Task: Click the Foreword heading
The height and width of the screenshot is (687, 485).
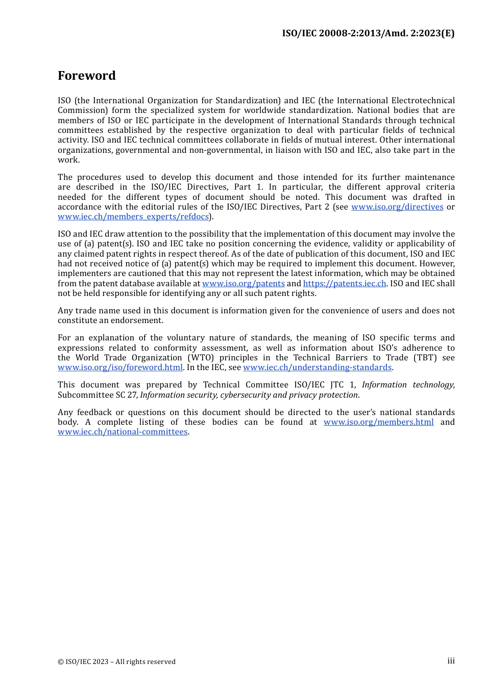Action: pyautogui.click(x=87, y=76)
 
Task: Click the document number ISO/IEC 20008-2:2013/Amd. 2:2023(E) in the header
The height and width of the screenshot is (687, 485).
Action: pyautogui.click(x=368, y=33)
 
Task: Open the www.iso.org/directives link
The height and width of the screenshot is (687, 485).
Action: pyautogui.click(x=397, y=207)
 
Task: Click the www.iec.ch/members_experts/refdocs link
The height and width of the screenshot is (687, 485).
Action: pyautogui.click(x=133, y=217)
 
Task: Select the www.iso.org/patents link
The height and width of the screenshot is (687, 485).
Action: pyautogui.click(x=244, y=284)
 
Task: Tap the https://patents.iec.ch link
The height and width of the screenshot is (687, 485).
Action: pyautogui.click(x=345, y=284)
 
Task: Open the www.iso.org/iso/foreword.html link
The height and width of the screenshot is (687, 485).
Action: pyautogui.click(x=120, y=368)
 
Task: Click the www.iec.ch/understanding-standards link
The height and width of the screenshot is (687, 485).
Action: pyautogui.click(x=317, y=368)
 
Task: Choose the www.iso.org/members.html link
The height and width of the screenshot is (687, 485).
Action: pyautogui.click(x=378, y=422)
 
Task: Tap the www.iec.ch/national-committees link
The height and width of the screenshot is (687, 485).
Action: pyautogui.click(x=123, y=432)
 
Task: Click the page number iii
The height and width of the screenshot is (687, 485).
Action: pyautogui.click(x=451, y=661)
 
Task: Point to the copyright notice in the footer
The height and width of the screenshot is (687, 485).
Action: pyautogui.click(x=116, y=662)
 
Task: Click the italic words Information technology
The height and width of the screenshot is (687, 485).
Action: pyautogui.click(x=408, y=385)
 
